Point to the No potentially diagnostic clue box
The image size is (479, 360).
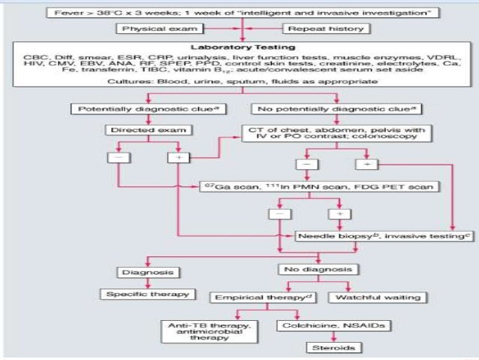[x=334, y=109]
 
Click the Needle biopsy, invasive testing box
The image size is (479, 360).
[x=369, y=234]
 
